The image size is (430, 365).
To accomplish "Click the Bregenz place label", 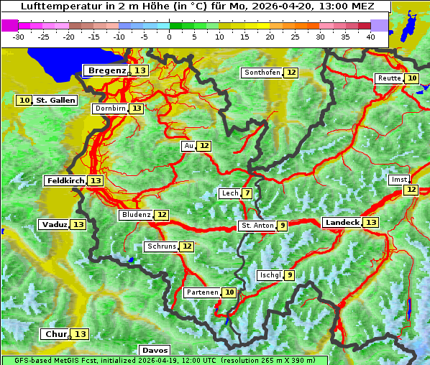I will pyautogui.click(x=106, y=70).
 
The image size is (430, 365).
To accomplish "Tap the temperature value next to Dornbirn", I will pyautogui.click(x=137, y=108).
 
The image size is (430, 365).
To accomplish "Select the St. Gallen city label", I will pyautogui.click(x=55, y=101).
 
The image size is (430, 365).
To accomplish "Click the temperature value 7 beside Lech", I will pyautogui.click(x=247, y=193).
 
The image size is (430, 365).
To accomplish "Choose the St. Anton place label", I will pyautogui.click(x=257, y=226).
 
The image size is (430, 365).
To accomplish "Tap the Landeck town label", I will pyautogui.click(x=342, y=223).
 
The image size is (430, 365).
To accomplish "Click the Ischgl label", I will pyautogui.click(x=269, y=275).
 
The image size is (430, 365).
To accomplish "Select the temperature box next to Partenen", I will pyautogui.click(x=229, y=292).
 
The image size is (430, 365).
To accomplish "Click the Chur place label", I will pyautogui.click(x=55, y=334).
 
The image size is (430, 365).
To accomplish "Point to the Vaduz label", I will pyautogui.click(x=54, y=225).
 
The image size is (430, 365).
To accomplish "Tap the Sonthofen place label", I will pyautogui.click(x=262, y=73).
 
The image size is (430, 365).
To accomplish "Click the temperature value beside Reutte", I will pyautogui.click(x=411, y=78).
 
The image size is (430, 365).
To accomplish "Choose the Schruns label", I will pyautogui.click(x=161, y=246).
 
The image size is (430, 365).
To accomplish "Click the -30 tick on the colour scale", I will pyautogui.click(x=19, y=37).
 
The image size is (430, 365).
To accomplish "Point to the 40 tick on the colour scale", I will pyautogui.click(x=370, y=37).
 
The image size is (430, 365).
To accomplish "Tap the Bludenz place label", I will pyautogui.click(x=136, y=215).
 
